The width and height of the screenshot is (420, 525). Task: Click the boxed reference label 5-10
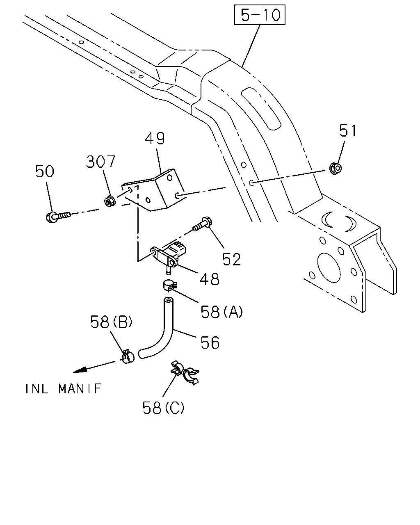[259, 15]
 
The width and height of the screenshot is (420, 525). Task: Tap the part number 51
[348, 130]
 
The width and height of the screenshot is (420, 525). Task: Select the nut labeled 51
[336, 168]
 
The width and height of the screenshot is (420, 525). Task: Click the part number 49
[155, 139]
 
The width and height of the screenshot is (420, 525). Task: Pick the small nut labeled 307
[110, 201]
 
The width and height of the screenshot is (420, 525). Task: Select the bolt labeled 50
[58, 217]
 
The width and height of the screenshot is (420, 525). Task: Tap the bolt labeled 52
[203, 224]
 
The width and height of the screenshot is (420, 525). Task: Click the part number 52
[232, 259]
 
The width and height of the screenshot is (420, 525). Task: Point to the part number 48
[210, 279]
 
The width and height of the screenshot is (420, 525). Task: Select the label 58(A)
[221, 312]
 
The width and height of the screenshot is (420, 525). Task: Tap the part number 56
[210, 342]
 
